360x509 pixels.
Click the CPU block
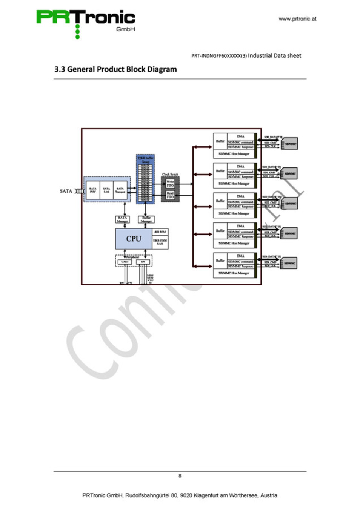134,239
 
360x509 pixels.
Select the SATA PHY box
93,190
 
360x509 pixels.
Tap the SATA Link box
106,190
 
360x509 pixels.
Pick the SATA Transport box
120,190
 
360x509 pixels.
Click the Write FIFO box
170,184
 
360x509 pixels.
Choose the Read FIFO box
170,195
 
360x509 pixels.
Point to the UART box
125,262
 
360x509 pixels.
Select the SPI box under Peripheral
143,262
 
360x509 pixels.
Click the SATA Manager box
123,219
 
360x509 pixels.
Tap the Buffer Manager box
146,219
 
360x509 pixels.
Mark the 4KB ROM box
160,232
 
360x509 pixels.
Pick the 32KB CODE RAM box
160,242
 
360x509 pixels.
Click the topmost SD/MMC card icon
290,144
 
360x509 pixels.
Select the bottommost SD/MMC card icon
289,263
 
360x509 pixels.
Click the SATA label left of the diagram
66,191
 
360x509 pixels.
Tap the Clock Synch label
170,174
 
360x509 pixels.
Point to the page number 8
180,476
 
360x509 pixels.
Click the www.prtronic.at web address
297,19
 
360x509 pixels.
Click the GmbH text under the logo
125,29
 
